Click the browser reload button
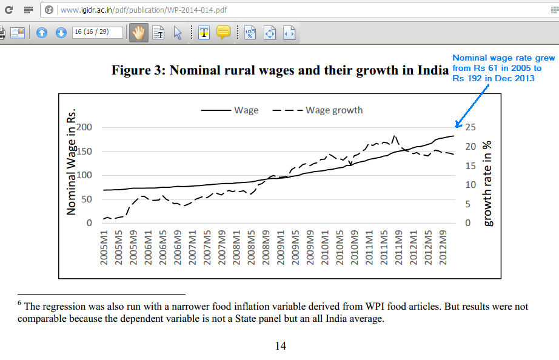[8, 10]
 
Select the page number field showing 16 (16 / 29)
[97, 32]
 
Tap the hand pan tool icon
[138, 33]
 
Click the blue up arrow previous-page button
[42, 33]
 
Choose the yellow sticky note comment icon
[223, 33]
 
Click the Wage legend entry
[246, 110]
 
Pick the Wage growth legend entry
[334, 110]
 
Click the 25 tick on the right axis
[470, 127]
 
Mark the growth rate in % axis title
[488, 183]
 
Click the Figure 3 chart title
[279, 70]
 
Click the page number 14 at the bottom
[280, 346]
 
